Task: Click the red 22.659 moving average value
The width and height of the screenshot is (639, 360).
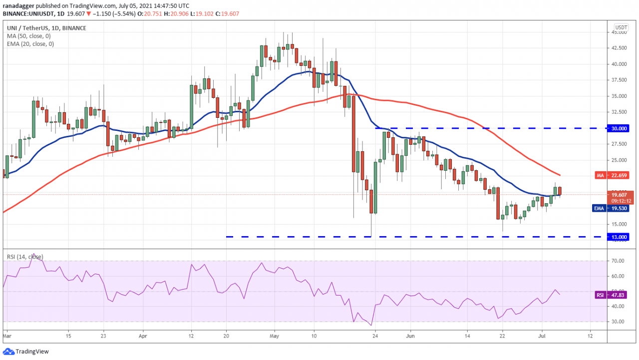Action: point(621,175)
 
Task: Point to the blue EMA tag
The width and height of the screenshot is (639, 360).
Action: point(600,208)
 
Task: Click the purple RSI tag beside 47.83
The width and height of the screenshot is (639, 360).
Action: point(600,295)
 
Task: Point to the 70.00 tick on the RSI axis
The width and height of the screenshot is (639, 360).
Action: point(619,261)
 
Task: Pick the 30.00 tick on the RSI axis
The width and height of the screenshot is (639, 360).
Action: point(619,322)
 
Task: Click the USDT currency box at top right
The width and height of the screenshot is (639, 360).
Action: point(621,27)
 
